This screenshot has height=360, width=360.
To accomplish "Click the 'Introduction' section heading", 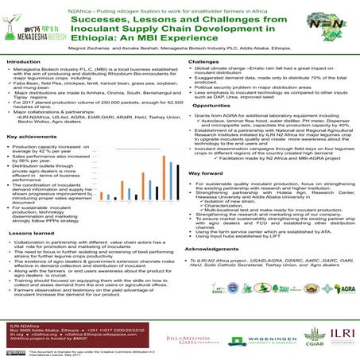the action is coord(23,61).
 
